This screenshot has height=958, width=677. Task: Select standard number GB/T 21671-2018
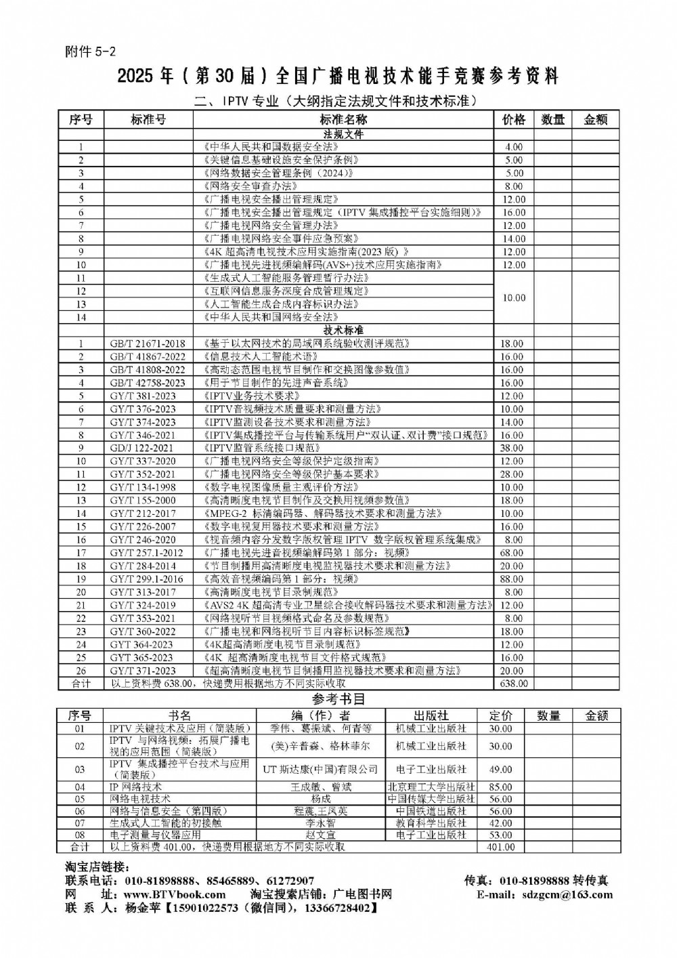point(147,343)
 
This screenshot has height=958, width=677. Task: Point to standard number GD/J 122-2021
point(141,448)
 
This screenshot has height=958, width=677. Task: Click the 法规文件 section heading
point(343,134)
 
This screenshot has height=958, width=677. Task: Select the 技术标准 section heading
point(343,330)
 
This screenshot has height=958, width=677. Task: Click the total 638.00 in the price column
point(513,684)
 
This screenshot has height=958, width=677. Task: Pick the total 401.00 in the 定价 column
point(500,847)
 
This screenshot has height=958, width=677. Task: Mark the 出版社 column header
point(431,715)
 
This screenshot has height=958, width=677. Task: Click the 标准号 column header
point(148,120)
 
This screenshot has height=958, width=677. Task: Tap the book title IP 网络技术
point(135,787)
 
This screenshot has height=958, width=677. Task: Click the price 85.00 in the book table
point(500,787)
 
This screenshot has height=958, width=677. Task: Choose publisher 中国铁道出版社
point(431,811)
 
